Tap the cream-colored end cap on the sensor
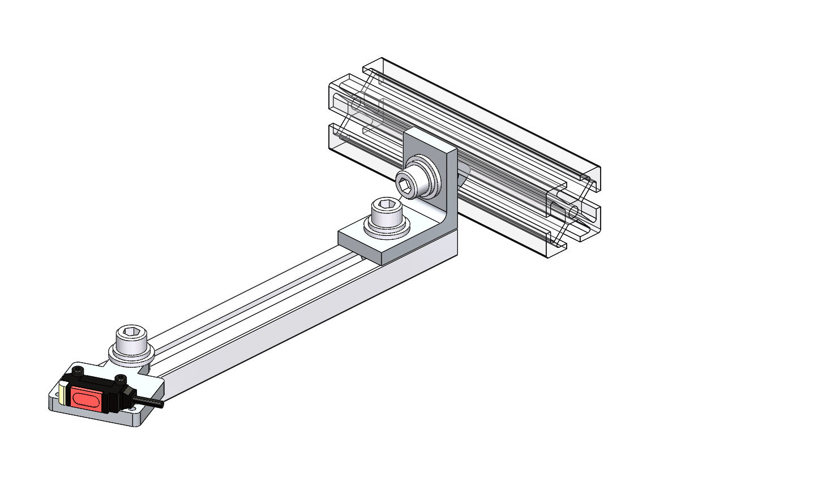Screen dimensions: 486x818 click(x=62, y=395)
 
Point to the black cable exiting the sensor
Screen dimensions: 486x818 click(x=149, y=402)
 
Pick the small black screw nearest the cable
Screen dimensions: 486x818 click(x=119, y=378)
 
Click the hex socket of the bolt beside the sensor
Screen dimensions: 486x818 click(x=131, y=333)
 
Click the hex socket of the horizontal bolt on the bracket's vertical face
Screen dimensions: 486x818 click(x=406, y=186)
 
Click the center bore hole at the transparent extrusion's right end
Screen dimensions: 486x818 click(x=573, y=212)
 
